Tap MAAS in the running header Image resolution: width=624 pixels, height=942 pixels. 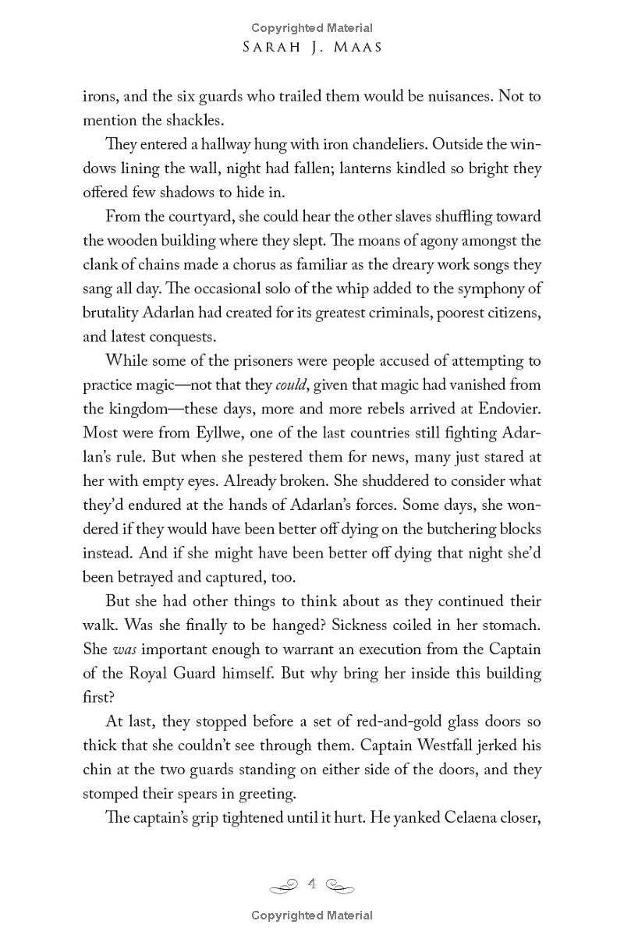356,48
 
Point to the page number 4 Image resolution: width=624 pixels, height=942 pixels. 312,884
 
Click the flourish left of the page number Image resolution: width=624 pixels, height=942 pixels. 285,885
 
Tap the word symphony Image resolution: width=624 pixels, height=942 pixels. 496,289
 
